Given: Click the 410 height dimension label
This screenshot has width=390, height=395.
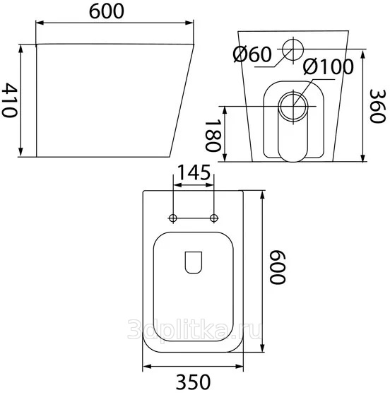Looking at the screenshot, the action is click(x=9, y=100).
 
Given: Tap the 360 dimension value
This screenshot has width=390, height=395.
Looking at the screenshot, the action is click(x=377, y=106).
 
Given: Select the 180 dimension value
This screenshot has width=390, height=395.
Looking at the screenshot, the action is click(x=213, y=135).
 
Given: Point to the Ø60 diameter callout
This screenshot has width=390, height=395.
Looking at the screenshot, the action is click(x=252, y=54).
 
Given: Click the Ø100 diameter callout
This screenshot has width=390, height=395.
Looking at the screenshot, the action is click(x=329, y=66).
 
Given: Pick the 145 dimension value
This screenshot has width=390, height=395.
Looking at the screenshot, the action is click(x=194, y=172).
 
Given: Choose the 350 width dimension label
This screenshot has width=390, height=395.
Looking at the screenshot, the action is click(x=193, y=382).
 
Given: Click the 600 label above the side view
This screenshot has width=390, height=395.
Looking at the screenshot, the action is click(x=107, y=11).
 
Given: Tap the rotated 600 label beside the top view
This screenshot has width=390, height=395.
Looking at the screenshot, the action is click(x=278, y=267).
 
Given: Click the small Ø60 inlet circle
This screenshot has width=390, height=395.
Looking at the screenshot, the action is click(x=293, y=49).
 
